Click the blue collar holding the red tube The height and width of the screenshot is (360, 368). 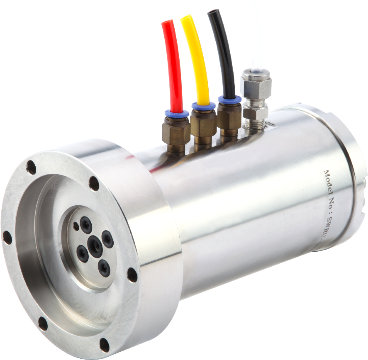(176, 113)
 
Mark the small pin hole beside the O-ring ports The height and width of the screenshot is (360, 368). (76, 226)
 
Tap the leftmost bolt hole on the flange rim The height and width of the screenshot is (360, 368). (7, 238)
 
